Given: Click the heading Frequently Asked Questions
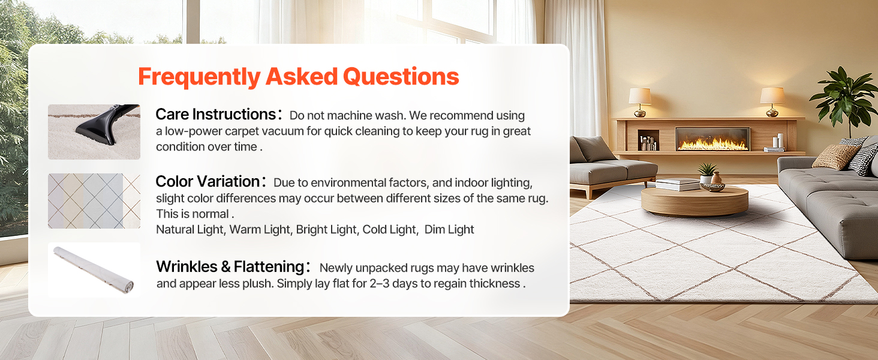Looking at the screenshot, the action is pos(298,76).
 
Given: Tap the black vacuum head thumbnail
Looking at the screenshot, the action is pos(94,132).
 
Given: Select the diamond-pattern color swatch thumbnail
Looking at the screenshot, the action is pos(94,201).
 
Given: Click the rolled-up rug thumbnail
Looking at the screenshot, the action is pos(94,270).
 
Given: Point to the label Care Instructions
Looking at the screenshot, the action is pos(216,115).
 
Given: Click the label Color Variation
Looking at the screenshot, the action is pos(208,182).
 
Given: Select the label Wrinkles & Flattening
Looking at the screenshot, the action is pos(230,266).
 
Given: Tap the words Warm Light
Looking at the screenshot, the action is pos(261,229).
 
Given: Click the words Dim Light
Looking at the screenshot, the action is pos(449,229).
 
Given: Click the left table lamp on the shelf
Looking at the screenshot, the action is pos(640,102).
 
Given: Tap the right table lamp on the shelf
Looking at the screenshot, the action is pos(772,102).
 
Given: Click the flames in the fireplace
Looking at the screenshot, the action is pos(712,144).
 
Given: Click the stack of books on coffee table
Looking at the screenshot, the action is pos(677,184).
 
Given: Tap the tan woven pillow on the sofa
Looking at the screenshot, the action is pos(835,157).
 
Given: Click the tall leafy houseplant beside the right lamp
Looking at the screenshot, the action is pos(847,100).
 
